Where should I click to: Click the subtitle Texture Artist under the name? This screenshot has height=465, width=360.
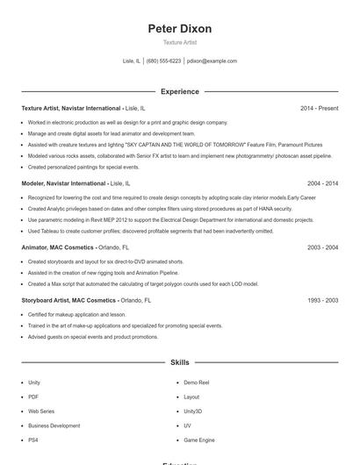(180, 43)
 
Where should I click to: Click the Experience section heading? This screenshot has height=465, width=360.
(180, 91)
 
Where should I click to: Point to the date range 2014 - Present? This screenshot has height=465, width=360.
(319, 108)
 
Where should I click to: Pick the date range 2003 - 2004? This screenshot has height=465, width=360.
(321, 248)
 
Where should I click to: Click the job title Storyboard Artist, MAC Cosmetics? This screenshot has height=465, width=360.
(68, 300)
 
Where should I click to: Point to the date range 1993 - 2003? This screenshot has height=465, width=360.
(321, 300)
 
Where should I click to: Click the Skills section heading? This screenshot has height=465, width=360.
(180, 361)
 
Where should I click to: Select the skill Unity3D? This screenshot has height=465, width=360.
(192, 411)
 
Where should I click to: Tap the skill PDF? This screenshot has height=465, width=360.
(33, 397)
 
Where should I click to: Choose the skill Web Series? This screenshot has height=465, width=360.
(41, 411)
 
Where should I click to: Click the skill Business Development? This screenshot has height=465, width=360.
(54, 425)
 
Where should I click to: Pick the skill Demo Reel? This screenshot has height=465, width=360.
(197, 383)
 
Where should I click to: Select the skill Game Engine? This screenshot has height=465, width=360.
(199, 439)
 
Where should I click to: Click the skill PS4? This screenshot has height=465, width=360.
(33, 439)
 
